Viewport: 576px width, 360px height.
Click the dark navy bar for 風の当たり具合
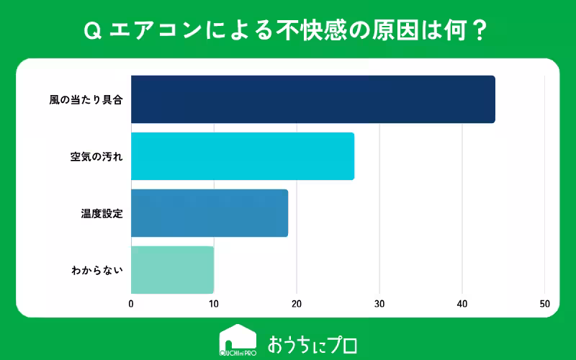(x=312, y=99)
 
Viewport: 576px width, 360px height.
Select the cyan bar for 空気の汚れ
(x=242, y=156)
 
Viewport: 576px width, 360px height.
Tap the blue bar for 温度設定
(x=209, y=213)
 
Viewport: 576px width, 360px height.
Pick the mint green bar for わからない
(x=172, y=270)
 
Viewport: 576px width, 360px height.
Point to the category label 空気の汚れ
(x=96, y=156)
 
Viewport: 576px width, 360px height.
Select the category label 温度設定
(x=102, y=213)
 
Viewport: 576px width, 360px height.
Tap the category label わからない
(x=97, y=270)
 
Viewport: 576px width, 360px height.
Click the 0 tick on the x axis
(x=131, y=303)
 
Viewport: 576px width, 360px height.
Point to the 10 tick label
(x=214, y=303)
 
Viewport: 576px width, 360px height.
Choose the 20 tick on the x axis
(x=297, y=303)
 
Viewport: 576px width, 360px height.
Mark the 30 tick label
(x=379, y=303)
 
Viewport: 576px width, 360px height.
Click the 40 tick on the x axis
(x=462, y=303)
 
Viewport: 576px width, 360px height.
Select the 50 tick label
(x=545, y=303)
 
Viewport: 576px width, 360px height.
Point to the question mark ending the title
(x=482, y=30)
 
